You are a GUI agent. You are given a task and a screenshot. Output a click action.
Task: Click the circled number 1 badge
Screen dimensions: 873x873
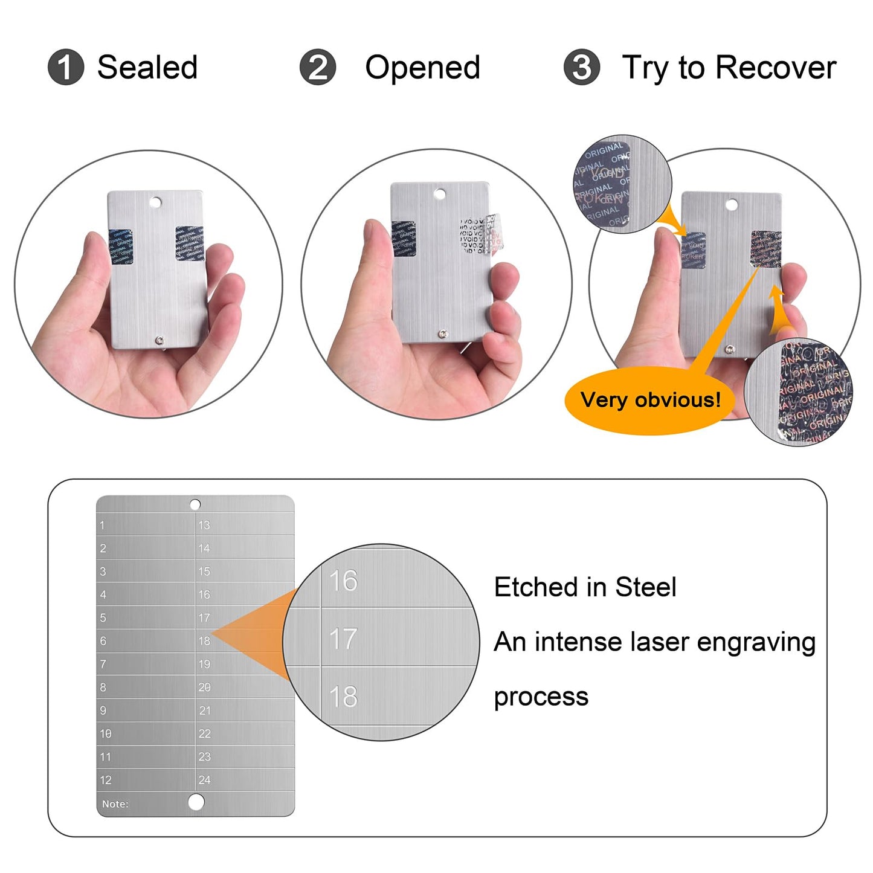65,67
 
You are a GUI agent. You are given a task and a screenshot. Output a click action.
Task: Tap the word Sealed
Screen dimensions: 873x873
147,67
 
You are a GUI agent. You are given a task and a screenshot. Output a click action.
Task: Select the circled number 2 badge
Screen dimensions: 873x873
317,67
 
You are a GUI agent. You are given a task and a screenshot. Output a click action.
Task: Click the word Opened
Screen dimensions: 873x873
422,67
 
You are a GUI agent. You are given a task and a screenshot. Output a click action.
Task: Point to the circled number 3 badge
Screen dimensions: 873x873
581,67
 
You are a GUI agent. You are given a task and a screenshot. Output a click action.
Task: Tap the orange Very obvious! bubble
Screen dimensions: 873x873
650,401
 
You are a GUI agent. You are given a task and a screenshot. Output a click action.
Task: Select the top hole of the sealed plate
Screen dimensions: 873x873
156,202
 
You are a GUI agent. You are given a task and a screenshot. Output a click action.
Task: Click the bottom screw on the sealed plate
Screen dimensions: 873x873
159,341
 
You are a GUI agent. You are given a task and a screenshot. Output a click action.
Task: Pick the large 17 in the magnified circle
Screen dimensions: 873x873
343,639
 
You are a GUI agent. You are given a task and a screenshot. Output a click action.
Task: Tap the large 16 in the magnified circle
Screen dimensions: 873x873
343,581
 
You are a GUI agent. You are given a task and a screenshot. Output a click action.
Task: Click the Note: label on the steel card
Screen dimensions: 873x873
115,804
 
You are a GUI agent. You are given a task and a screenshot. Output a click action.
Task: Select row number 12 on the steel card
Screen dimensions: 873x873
106,780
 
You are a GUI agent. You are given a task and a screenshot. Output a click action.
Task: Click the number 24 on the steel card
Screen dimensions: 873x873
204,780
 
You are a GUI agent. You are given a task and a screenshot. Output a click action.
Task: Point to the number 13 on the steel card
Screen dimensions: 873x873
204,525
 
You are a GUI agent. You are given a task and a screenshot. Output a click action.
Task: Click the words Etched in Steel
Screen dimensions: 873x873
585,587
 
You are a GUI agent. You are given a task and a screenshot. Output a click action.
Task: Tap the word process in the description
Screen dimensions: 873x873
541,697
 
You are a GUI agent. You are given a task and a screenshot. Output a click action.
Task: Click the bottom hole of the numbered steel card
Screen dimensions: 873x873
196,802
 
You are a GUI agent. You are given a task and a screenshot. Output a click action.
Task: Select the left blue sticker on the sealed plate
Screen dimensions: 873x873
121,246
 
